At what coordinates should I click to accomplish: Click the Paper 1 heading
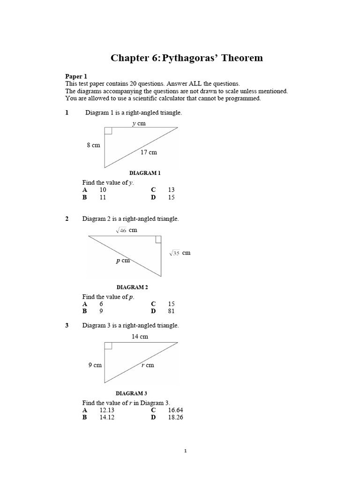tap(76, 76)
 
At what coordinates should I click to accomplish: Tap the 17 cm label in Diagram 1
tap(149, 152)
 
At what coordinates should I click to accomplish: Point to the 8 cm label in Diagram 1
tap(93, 145)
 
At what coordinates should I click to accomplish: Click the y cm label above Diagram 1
tap(139, 123)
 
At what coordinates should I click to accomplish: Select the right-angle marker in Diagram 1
tap(108, 131)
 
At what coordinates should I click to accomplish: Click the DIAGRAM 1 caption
tap(145, 173)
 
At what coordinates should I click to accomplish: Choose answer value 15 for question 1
tap(171, 197)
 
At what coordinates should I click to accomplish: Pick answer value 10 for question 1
tap(103, 190)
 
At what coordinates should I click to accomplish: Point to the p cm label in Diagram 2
tap(123, 261)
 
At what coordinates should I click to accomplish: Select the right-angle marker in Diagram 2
tap(158, 240)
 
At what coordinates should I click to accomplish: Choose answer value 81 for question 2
tap(171, 311)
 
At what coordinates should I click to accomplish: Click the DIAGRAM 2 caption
tap(132, 287)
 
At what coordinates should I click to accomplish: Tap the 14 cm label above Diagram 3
tap(140, 336)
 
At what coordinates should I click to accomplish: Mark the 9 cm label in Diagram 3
tap(95, 365)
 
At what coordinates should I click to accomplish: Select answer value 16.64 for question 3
tap(175, 410)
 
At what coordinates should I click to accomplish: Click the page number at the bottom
tap(185, 451)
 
